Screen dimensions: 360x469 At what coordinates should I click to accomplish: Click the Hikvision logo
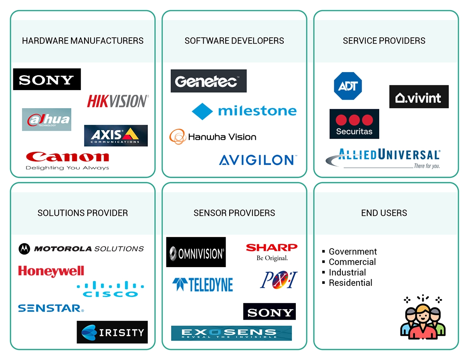point(118,101)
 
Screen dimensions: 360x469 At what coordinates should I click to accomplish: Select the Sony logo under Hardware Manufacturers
point(47,79)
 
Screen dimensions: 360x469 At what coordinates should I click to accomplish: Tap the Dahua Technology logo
point(46,119)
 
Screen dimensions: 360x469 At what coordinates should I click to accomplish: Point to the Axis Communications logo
point(116,135)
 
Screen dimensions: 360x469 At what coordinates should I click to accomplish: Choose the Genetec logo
point(208,81)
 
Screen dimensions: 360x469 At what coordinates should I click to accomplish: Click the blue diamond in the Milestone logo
point(202,111)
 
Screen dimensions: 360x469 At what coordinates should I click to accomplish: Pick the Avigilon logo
point(258,160)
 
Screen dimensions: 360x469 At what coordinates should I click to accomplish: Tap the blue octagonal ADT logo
point(348,86)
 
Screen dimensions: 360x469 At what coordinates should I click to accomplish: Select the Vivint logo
point(419,97)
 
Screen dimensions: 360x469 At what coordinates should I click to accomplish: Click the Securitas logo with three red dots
point(354,124)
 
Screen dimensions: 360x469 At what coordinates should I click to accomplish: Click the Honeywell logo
point(51,271)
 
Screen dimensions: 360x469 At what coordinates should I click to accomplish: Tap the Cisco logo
point(110,289)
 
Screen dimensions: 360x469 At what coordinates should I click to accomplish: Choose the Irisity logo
point(112,332)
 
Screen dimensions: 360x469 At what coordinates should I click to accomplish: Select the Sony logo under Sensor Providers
point(269,312)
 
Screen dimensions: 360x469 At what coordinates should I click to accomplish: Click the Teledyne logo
point(202,284)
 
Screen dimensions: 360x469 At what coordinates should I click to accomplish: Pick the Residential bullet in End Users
point(350,283)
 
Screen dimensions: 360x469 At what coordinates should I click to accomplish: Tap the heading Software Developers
point(234,41)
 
